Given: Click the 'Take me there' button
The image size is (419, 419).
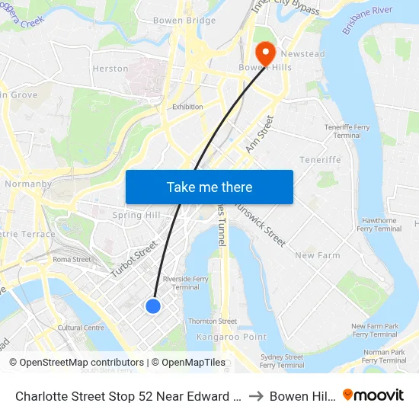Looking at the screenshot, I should point(209,187).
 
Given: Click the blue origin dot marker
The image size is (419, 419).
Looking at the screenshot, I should point(153,305).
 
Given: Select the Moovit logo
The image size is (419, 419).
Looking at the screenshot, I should point(373,395).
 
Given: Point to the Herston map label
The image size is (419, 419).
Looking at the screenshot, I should point(110,69).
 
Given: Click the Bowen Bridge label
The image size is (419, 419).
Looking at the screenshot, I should point(184,21).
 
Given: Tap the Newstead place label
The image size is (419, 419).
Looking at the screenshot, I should point(303,54).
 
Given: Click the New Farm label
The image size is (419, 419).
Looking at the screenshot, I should point(317,255).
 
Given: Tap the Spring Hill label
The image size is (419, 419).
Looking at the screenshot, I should point(136,216).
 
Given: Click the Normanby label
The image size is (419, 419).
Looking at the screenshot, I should point(28,184).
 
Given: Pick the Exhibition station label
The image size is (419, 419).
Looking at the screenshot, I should point(187,107).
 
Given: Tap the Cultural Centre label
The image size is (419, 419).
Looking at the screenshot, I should point(81,328).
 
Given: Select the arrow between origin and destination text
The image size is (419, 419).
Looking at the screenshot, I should point(256,396).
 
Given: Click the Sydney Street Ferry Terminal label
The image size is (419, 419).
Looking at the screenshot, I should point(281,361).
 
